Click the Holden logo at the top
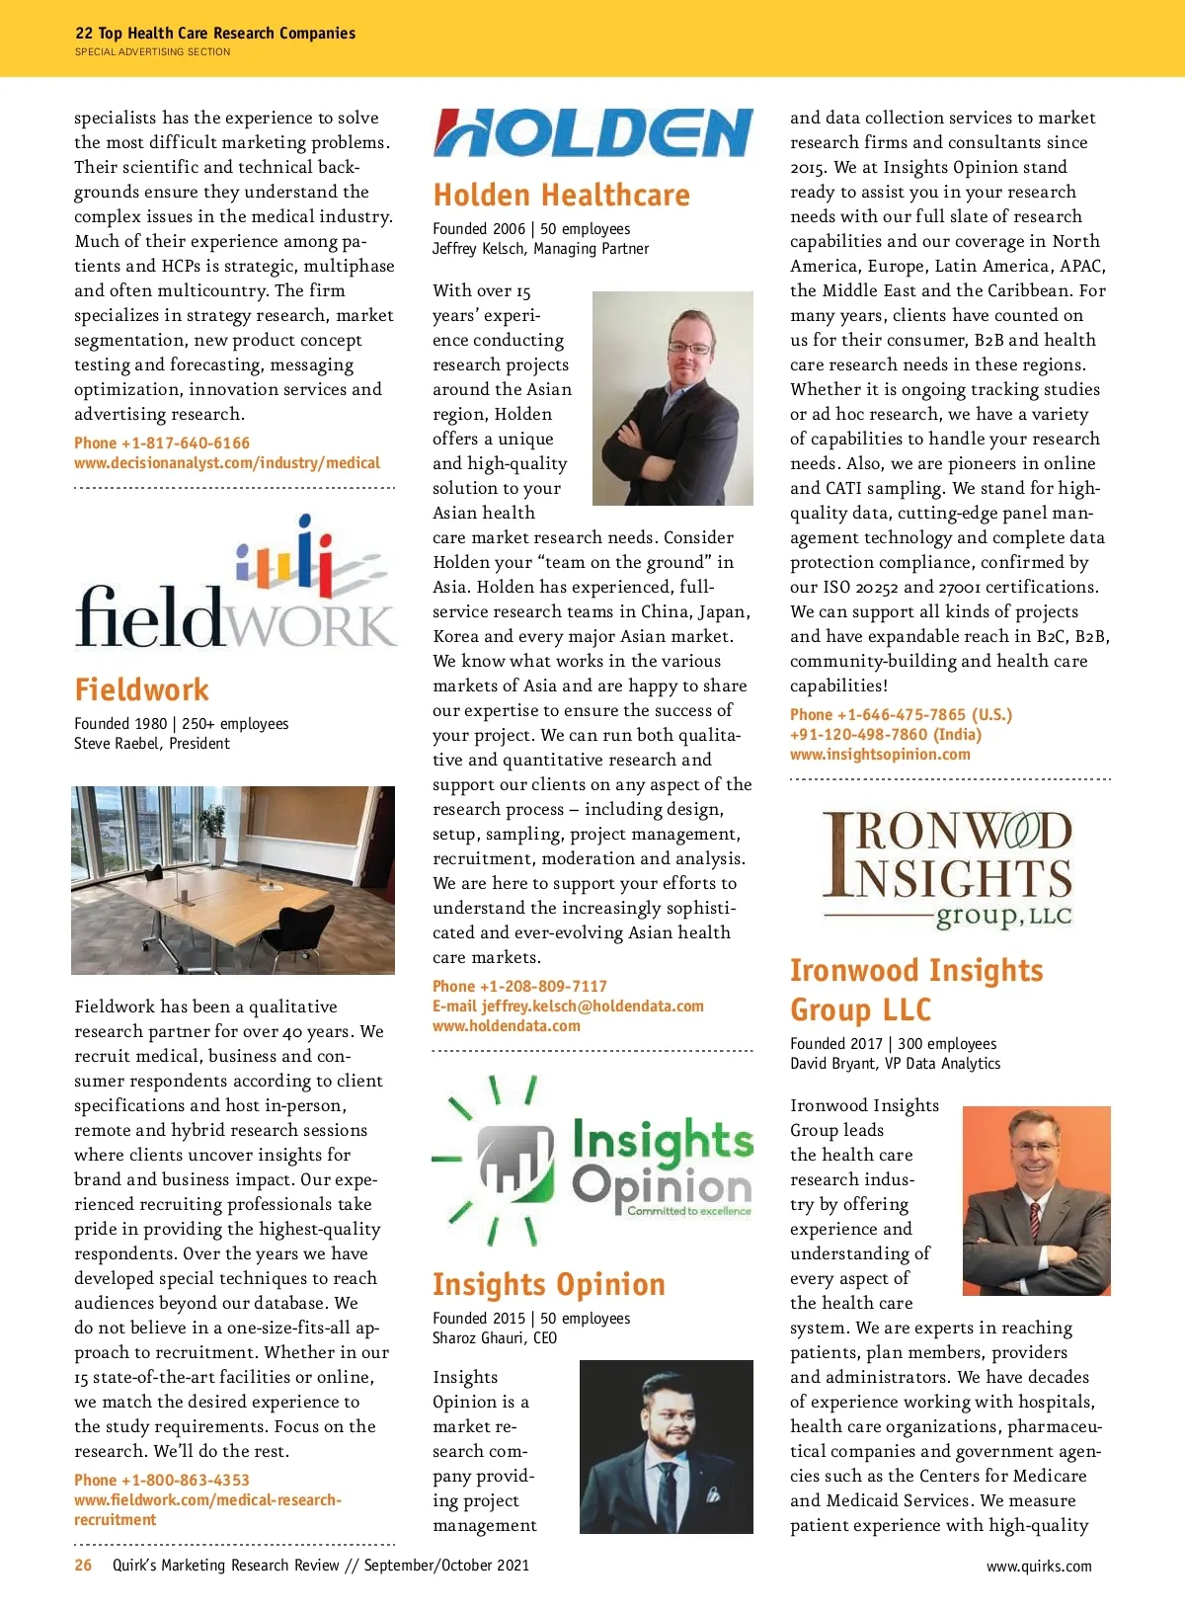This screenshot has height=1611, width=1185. pos(592,133)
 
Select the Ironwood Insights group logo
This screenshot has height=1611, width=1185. pos(946,869)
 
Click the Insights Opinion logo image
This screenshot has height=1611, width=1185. pos(592,1161)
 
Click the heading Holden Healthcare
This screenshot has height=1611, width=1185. pos(561,196)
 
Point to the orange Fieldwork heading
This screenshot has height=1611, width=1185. pos(142,689)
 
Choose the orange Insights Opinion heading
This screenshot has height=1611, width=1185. pos(549,1284)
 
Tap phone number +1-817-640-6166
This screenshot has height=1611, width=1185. pos(162,443)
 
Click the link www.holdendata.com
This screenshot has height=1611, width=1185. pos(507,1026)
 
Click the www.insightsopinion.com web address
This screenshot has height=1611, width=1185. pos(880,755)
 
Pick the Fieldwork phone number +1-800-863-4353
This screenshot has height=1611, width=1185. pos(162,1481)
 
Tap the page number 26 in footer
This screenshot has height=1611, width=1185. pos(84,1566)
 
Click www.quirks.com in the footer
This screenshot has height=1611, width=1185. pos(1039,1567)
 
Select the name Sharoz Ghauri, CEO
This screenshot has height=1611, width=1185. pos(495,1338)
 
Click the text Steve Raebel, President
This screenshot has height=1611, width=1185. pos(152,744)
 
